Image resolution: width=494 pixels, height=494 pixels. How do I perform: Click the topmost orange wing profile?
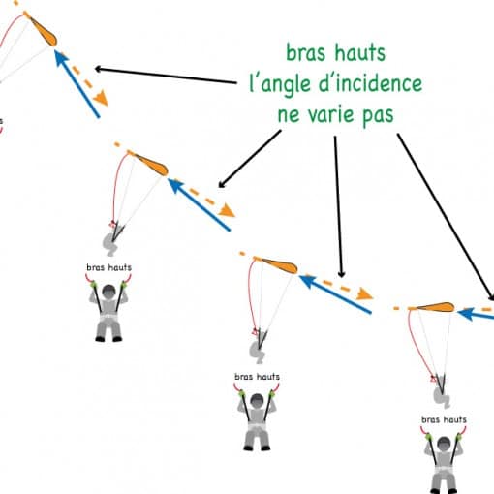(44, 32)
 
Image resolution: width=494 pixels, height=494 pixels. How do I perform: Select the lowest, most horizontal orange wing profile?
(433, 307)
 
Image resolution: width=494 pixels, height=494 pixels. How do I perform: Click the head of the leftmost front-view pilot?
(108, 292)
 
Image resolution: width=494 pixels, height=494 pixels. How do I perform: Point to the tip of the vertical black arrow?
(341, 277)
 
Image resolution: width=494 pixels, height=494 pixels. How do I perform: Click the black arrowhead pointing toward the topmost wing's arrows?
(98, 69)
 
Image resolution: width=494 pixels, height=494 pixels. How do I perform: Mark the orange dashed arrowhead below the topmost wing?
(102, 98)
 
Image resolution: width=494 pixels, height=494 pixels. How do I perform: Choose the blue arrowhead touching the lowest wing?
(465, 314)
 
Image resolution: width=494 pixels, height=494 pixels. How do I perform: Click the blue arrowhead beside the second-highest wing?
(175, 185)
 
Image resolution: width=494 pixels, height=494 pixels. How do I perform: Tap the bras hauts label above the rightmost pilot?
(444, 419)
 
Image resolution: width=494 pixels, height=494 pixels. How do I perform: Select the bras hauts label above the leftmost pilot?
(109, 267)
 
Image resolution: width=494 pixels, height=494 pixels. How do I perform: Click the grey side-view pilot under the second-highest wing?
(111, 241)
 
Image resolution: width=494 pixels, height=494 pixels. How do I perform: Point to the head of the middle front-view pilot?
(257, 400)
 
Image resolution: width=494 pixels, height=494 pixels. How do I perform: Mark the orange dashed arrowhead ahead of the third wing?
(365, 294)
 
